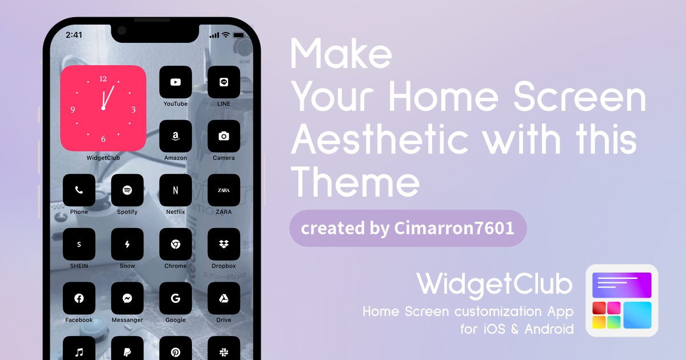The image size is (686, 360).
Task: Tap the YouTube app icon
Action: coord(176,82)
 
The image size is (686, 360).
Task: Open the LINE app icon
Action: coord(224,82)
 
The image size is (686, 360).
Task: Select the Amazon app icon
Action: coord(176,136)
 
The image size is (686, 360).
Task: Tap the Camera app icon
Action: coord(224,136)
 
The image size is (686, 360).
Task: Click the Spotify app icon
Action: coord(127,190)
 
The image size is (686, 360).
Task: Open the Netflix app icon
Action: coord(176,190)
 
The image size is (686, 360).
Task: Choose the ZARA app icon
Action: coord(224,190)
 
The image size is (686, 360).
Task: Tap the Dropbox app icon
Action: coord(224,245)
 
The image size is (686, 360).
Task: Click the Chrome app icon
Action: coord(176,245)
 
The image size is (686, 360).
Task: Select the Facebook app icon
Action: coord(79,298)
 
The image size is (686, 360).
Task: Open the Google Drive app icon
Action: coord(224,298)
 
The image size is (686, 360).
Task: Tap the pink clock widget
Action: coord(103,108)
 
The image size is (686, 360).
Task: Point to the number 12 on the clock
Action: coord(103,79)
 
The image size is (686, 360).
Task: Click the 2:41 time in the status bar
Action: coord(74,35)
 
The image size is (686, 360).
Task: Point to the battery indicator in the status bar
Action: coord(239,35)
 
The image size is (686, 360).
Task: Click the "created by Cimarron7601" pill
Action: coord(408,229)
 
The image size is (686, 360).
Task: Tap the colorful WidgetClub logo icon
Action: coord(622,301)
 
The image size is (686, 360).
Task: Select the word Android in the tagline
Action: coord(549,329)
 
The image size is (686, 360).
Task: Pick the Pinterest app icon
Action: coord(176,349)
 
